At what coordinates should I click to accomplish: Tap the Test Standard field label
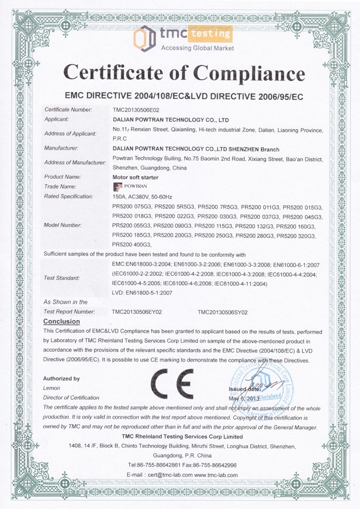[x=62, y=278]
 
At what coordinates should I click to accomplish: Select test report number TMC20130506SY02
[x=223, y=311]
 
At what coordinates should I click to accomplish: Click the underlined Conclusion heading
[x=62, y=322]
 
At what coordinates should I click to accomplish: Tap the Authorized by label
[x=61, y=379]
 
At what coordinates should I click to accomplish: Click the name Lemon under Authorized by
[x=52, y=388]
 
